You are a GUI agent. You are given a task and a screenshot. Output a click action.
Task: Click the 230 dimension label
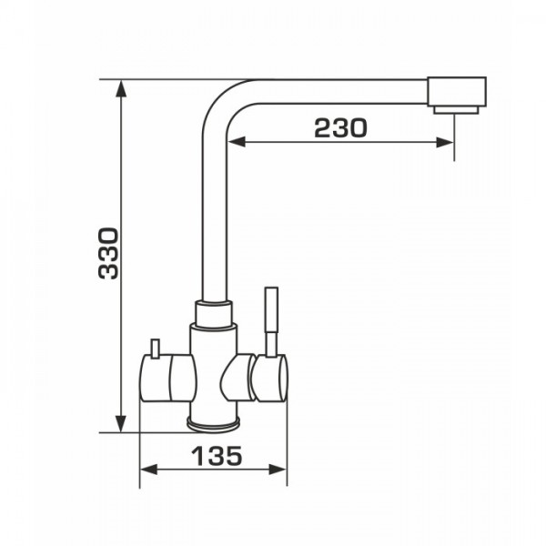point(340,127)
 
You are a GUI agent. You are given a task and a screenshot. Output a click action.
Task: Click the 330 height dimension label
point(108,253)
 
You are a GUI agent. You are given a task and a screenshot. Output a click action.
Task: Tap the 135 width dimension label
point(217,456)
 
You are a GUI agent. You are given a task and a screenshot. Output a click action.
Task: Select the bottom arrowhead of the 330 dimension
point(120,424)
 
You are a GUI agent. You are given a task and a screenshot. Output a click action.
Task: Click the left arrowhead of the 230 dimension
point(236,142)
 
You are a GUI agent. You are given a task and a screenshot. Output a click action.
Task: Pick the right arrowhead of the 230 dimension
point(445,142)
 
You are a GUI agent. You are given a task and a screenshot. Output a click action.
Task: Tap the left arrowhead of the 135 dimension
point(148,470)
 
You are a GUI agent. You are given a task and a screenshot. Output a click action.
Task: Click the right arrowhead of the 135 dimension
point(278,470)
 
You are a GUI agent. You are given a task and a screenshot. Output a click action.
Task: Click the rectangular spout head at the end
point(457,92)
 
